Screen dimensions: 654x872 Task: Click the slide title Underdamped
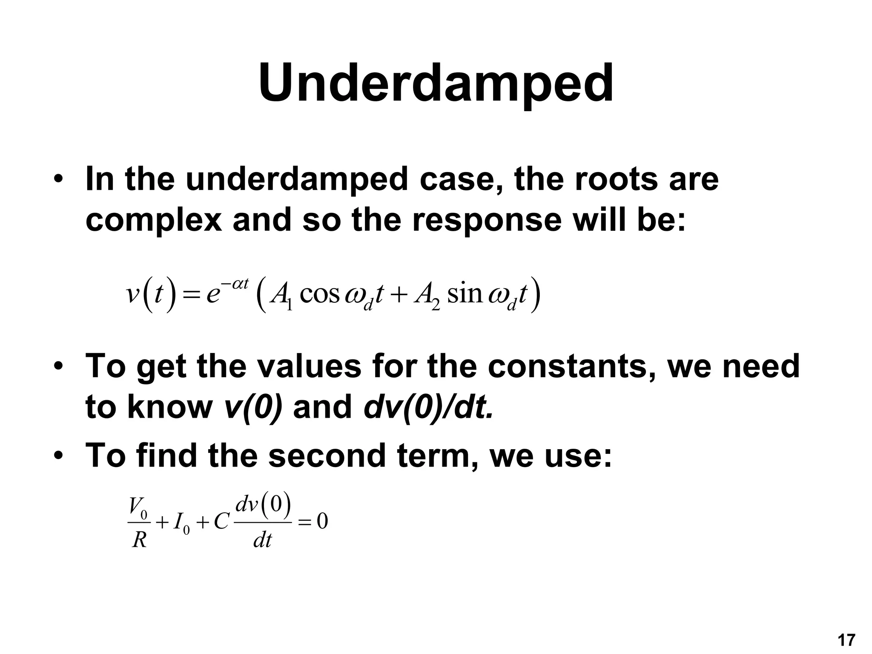pos(436,83)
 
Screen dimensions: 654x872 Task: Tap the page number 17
pos(846,640)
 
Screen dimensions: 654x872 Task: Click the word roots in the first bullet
pos(617,179)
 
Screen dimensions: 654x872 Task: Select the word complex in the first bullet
pos(154,221)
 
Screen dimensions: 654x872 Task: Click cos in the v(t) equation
pos(319,294)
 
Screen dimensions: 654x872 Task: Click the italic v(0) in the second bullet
pos(253,407)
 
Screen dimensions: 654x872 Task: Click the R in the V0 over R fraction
pos(139,540)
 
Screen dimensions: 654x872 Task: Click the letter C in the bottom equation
pos(221,522)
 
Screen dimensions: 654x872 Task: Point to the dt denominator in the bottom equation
pos(262,540)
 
